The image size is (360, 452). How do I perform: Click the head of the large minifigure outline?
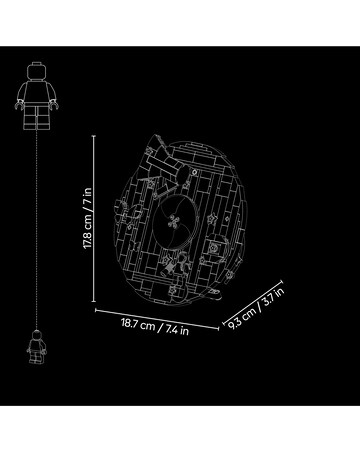(x=36, y=71)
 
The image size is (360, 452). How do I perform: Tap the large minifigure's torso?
(x=37, y=93)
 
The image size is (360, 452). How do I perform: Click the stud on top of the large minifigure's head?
(x=36, y=64)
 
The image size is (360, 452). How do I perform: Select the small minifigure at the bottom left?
(x=36, y=347)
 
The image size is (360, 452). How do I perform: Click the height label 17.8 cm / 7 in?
(x=87, y=218)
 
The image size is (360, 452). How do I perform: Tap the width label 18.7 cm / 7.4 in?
(x=155, y=327)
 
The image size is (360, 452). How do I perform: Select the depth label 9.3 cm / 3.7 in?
(x=256, y=308)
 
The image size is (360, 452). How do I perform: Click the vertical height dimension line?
(x=94, y=219)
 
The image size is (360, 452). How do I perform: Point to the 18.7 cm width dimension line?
(x=157, y=319)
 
